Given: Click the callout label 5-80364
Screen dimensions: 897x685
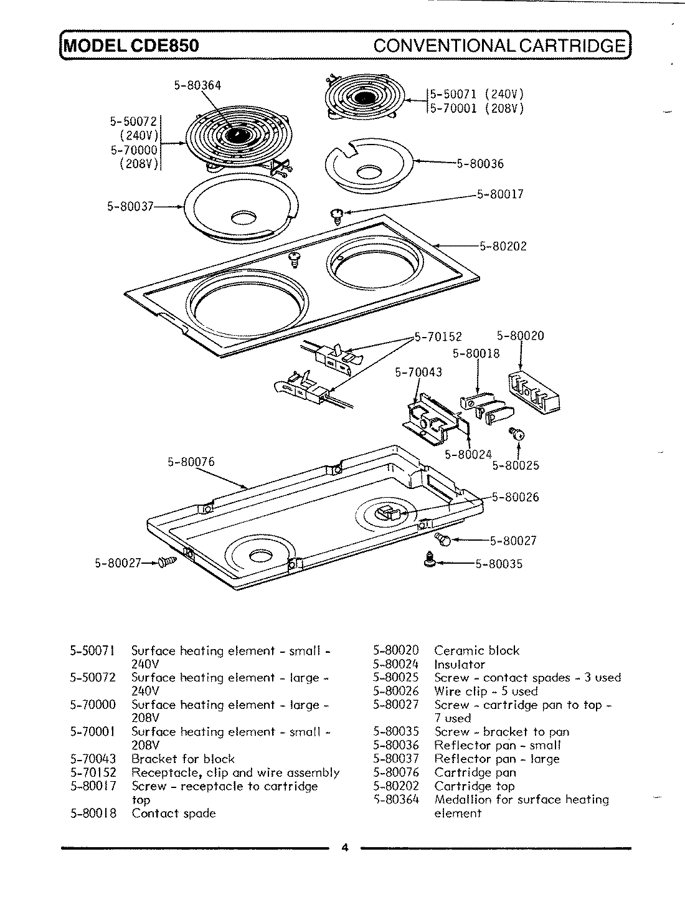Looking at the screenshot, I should [197, 85].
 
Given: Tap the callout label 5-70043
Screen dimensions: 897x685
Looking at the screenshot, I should [418, 373].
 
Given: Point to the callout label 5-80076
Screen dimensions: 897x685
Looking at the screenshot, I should [191, 462].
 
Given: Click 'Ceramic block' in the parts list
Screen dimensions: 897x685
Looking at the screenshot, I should [476, 651].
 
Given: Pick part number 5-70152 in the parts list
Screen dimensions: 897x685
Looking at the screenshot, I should [93, 773].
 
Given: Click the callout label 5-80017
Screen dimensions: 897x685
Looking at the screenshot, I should [500, 194].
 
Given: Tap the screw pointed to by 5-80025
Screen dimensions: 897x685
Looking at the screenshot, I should [517, 434].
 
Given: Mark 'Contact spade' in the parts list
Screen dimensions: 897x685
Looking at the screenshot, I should [173, 814].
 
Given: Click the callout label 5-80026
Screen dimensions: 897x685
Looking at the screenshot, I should [515, 497].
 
